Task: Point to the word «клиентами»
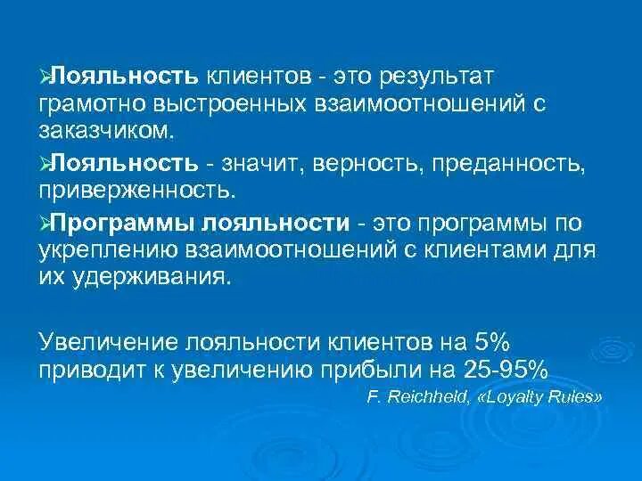(x=495, y=250)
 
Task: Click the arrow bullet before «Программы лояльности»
(x=45, y=223)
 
